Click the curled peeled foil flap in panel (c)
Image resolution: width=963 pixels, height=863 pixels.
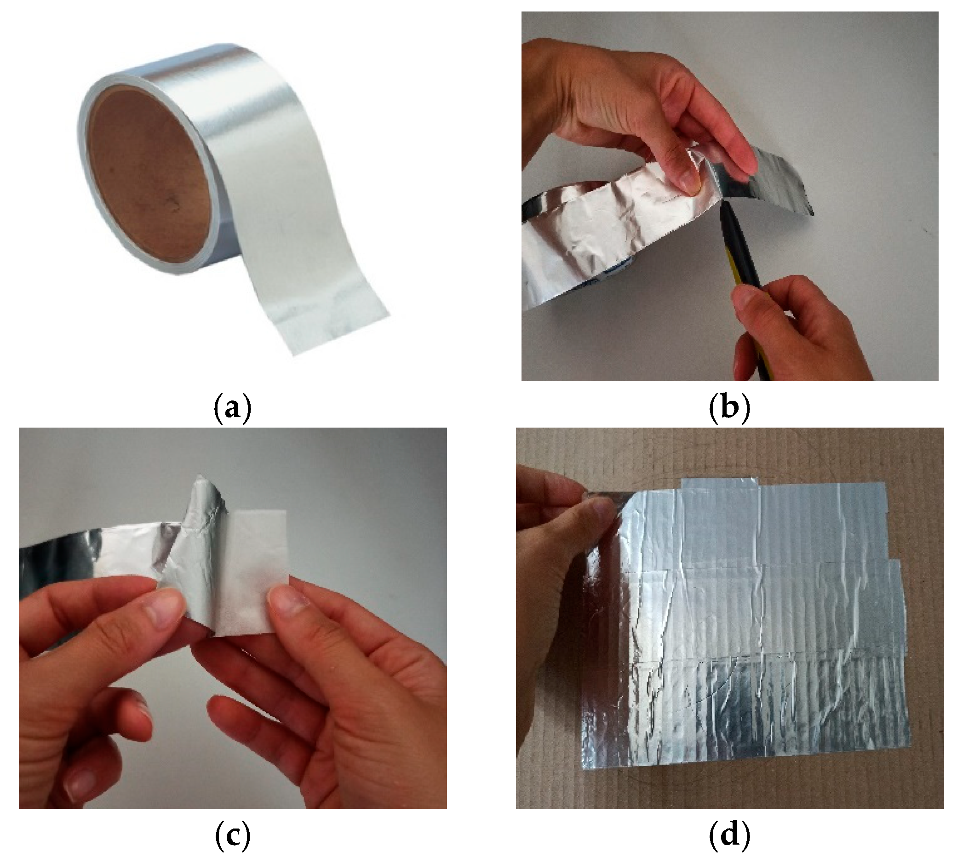(x=199, y=550)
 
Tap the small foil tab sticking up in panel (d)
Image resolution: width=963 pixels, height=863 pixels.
(x=721, y=488)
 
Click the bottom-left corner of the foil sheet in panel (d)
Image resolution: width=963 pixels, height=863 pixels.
(x=583, y=783)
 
